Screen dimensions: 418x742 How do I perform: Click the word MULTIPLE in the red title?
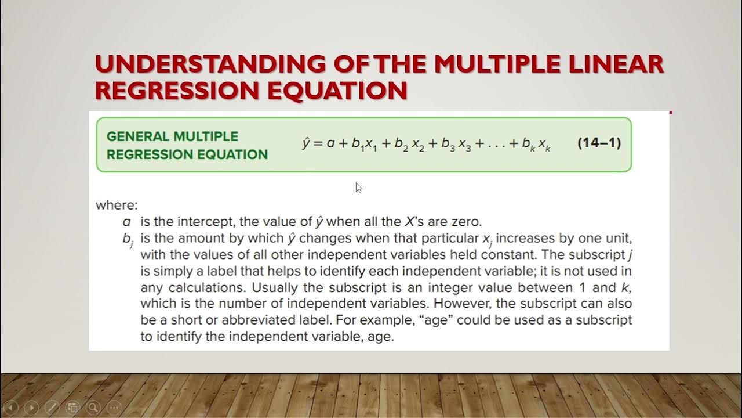click(x=497, y=64)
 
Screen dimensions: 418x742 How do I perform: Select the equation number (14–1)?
click(x=599, y=143)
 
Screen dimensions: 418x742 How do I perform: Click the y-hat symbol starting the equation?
click(x=307, y=143)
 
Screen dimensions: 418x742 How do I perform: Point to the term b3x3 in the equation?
click(x=456, y=144)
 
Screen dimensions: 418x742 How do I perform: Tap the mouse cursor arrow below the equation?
click(x=358, y=187)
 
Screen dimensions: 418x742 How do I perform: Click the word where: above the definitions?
click(x=117, y=205)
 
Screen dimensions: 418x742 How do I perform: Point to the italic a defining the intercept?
click(x=126, y=222)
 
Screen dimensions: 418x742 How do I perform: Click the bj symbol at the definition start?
click(x=128, y=240)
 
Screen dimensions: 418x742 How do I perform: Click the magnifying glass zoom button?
click(x=93, y=408)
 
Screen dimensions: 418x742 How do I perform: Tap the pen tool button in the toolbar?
click(x=52, y=408)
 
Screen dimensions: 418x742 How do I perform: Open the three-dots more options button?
click(x=113, y=408)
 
